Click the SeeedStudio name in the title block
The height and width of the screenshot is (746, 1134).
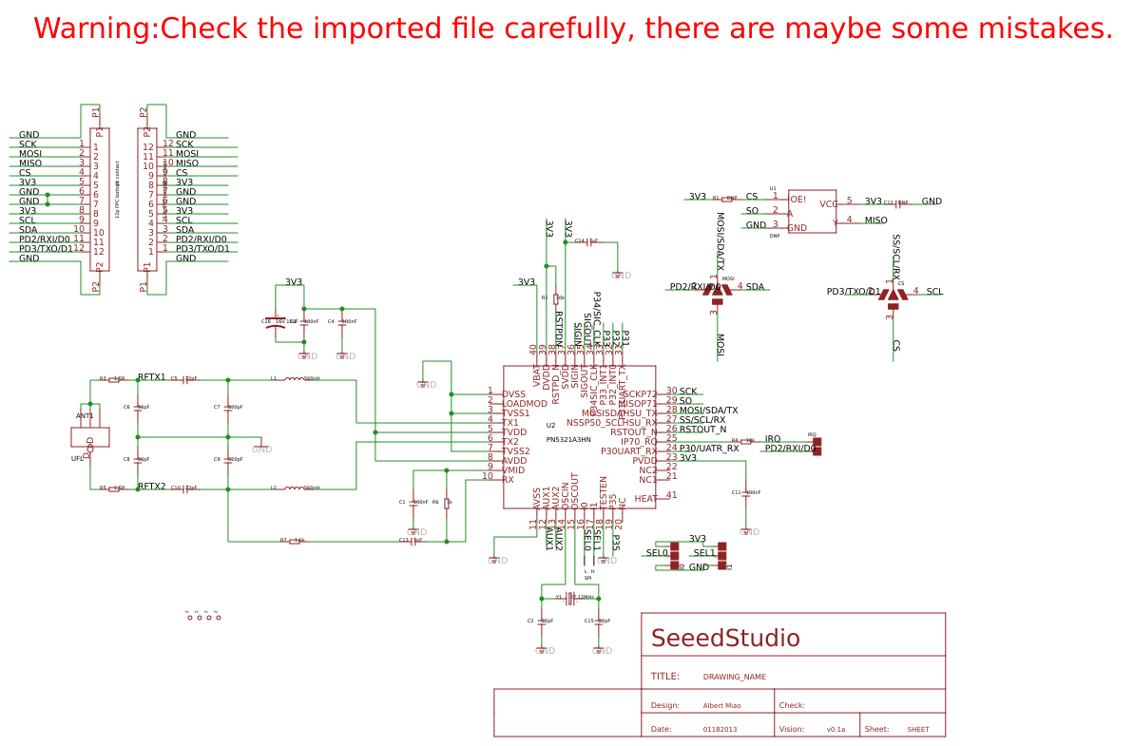[724, 639]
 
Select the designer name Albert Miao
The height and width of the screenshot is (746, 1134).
[721, 706]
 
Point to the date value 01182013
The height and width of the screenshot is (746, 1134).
[720, 730]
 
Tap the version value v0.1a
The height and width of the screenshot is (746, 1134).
[836, 730]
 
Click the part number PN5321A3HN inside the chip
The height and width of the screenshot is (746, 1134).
[568, 440]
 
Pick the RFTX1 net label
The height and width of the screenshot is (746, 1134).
[152, 377]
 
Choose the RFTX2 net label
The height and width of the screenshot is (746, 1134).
[152, 487]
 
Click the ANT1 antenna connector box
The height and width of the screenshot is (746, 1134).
[90, 437]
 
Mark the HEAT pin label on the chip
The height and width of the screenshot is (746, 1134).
[645, 499]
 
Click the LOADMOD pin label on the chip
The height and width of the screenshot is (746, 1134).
[525, 404]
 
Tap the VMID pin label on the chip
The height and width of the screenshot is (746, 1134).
[513, 469]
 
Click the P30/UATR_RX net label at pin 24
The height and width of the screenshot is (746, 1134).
[708, 449]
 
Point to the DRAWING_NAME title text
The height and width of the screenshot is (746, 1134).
[734, 678]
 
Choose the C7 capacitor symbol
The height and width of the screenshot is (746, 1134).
[228, 409]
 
